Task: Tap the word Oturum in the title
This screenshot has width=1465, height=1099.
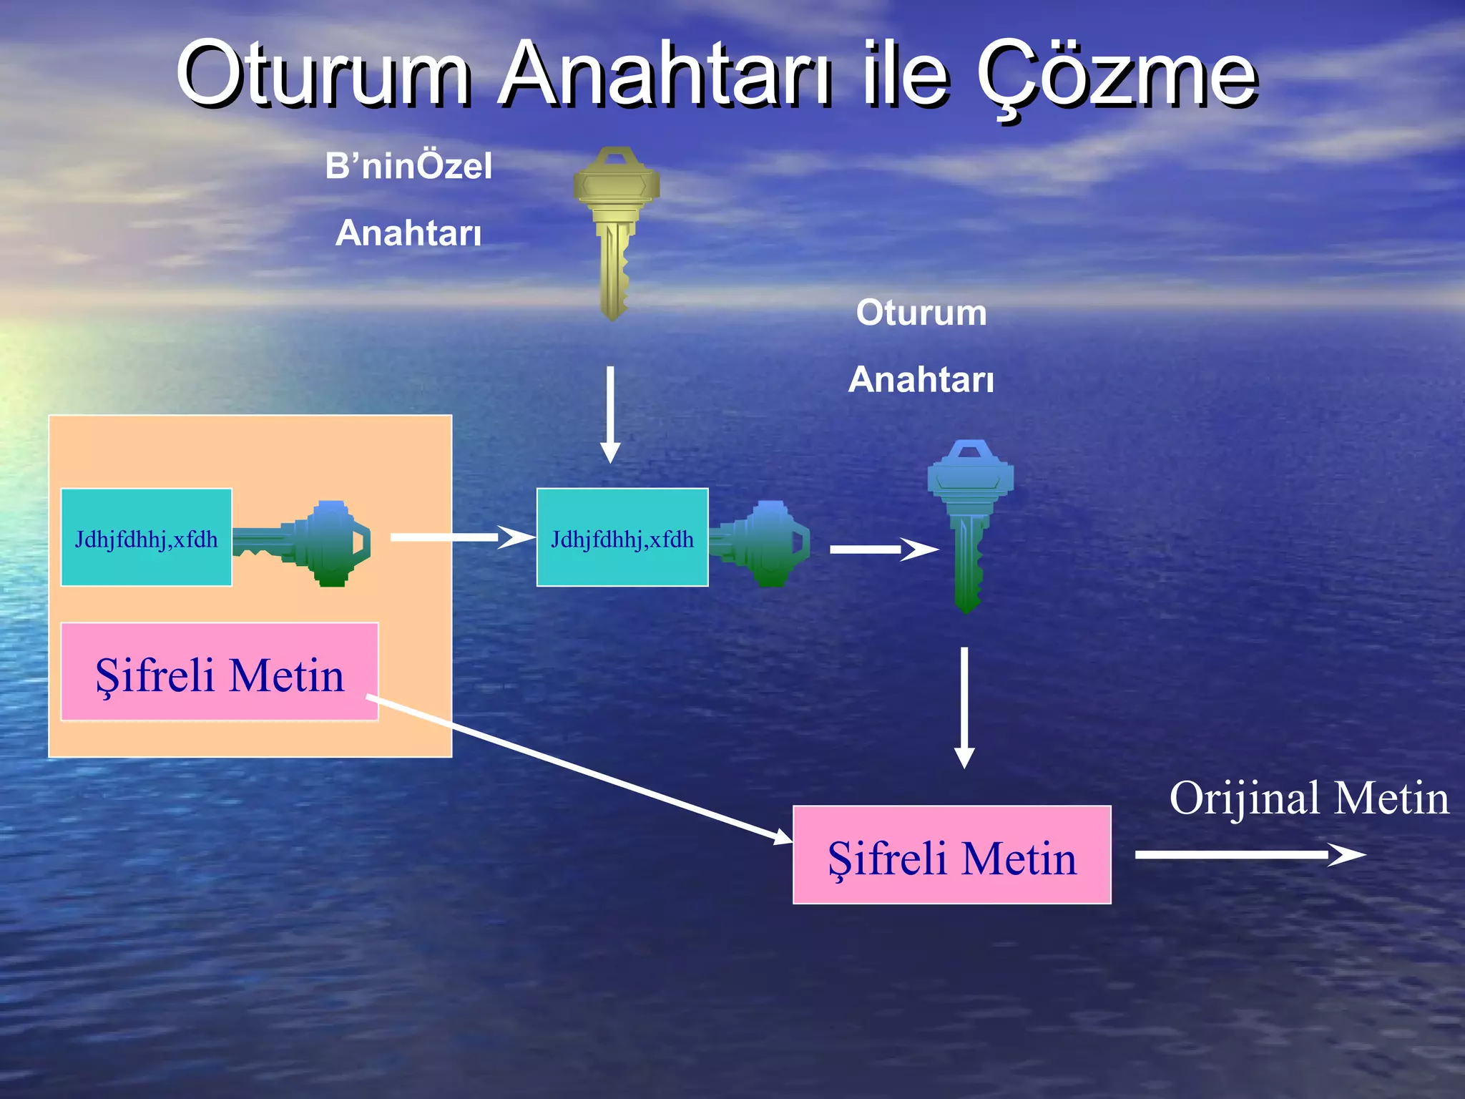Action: click(x=323, y=75)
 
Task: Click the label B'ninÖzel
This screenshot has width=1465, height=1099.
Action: click(x=408, y=166)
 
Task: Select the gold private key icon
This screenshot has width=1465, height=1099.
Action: click(x=615, y=229)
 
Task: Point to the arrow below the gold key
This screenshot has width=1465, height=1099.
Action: click(x=609, y=415)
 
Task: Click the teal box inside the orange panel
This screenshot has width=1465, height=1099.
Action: click(x=147, y=538)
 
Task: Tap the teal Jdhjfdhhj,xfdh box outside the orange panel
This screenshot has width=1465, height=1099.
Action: click(x=622, y=538)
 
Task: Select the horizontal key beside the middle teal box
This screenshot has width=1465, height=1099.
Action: click(x=762, y=544)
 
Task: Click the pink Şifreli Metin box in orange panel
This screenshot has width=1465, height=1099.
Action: click(x=220, y=672)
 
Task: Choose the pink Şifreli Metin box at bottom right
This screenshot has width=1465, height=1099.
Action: click(x=951, y=855)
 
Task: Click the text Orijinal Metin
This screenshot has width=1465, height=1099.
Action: click(x=1308, y=798)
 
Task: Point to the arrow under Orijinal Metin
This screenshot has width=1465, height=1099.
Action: click(x=1248, y=854)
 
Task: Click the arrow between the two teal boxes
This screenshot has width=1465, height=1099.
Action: click(x=461, y=537)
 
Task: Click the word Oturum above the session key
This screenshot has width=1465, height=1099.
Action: click(x=921, y=313)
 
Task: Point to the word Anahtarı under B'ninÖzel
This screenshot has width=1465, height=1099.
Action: click(x=408, y=233)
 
